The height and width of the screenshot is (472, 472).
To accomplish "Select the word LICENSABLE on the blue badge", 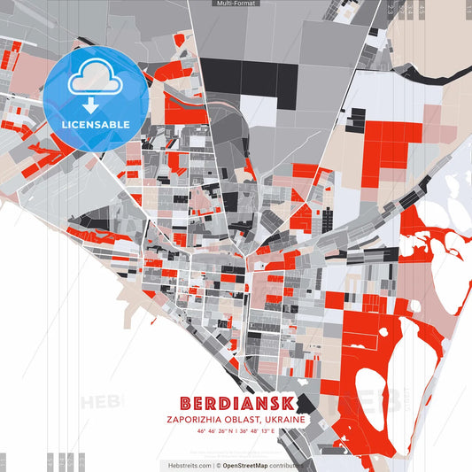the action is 95,124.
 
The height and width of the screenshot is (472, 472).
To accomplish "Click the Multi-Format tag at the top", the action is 236,4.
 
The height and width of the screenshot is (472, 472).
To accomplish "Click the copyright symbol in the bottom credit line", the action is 217,465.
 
